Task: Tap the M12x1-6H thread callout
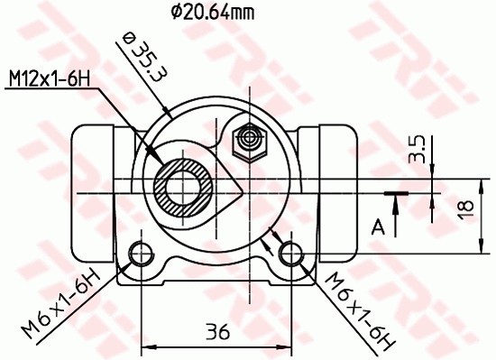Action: tap(51, 80)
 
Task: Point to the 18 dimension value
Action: tap(465, 207)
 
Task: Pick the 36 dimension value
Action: tap(216, 331)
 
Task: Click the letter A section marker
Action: tap(380, 225)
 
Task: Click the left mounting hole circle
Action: tap(141, 253)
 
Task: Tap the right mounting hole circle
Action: tap(290, 253)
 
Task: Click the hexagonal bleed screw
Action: tap(247, 140)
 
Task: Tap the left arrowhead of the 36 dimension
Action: tap(146, 346)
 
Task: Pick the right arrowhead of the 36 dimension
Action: tap(286, 346)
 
